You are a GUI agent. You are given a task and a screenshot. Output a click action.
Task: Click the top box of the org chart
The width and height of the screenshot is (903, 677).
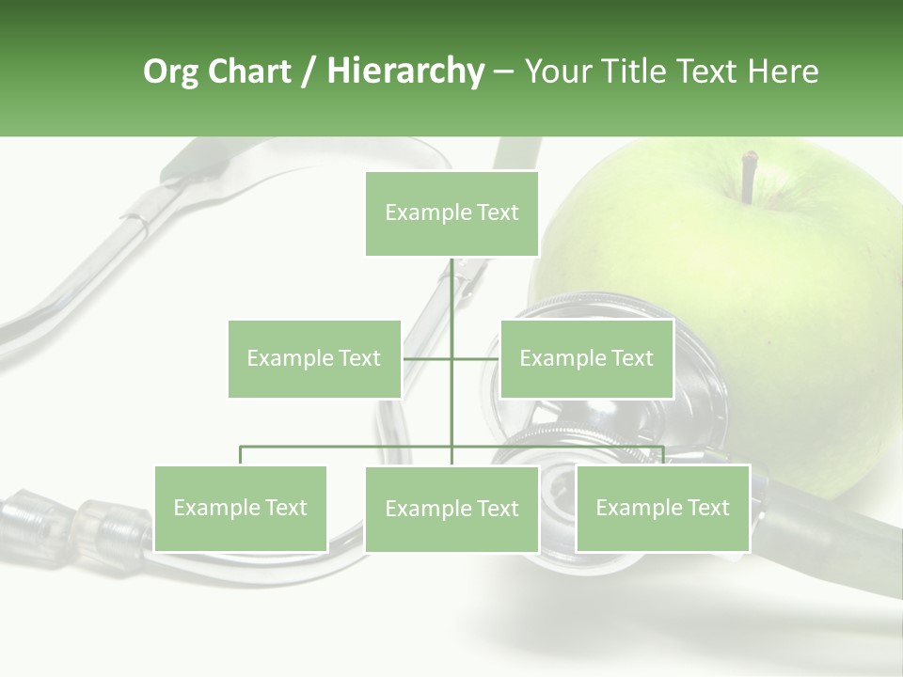tap(451, 213)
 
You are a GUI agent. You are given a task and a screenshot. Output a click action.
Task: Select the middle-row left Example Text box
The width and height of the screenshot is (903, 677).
tap(314, 358)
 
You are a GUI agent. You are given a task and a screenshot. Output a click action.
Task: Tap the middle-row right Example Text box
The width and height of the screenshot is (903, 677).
tap(586, 358)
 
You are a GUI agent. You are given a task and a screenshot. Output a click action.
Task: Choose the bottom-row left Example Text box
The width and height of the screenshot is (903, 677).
tap(240, 508)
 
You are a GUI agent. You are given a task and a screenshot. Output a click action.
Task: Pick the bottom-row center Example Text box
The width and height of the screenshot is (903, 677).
tap(451, 509)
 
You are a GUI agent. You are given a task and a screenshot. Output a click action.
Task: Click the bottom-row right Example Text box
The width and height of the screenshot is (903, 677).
tap(662, 508)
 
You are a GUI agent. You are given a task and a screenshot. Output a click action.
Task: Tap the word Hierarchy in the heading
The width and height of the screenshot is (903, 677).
tap(404, 71)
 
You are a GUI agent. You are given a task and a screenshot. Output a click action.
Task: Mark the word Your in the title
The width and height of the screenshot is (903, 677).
tap(557, 71)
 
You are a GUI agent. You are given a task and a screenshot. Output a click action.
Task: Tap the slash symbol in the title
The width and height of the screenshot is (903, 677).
tap(309, 72)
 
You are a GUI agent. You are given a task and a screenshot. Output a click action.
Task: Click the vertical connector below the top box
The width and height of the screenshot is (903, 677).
tap(451, 301)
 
